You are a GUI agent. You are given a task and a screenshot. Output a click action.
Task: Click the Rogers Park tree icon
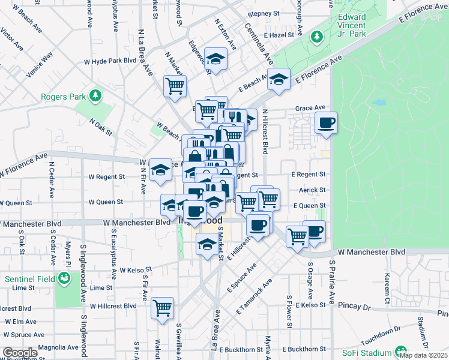tap(94, 96)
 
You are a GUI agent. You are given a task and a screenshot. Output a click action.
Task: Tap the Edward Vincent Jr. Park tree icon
tap(316, 38)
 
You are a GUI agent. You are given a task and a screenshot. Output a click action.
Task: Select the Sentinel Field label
tap(29, 279)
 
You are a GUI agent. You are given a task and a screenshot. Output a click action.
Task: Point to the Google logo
tap(19, 353)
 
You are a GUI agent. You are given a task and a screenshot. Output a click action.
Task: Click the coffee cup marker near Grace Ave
tap(326, 124)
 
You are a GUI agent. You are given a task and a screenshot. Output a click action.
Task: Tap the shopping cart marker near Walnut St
tap(162, 308)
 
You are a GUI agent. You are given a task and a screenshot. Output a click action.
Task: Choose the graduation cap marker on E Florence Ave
tap(279, 79)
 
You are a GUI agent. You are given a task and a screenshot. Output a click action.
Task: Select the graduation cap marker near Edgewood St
tap(215, 59)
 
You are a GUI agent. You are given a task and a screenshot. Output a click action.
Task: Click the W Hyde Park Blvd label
tap(110, 61)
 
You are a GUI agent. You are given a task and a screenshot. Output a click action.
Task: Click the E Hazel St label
tap(277, 35)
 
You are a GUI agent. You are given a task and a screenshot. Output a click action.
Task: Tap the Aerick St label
tap(312, 190)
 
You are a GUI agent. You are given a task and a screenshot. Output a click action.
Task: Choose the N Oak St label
tap(100, 126)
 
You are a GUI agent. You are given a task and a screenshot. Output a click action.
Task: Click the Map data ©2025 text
tap(424, 355)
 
